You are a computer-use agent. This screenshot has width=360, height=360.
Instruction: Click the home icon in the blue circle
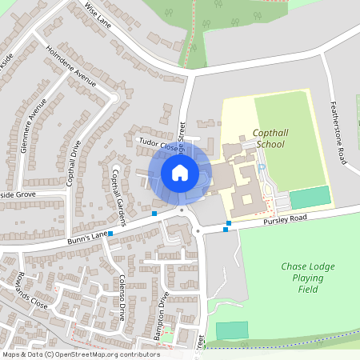[x=180, y=173]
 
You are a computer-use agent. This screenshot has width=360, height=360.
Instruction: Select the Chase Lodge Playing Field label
[x=302, y=278]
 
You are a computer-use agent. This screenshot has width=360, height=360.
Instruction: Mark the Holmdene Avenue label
[x=71, y=66]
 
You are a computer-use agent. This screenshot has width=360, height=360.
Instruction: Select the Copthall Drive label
[x=73, y=163]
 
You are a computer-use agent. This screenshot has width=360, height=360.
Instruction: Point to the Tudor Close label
[x=157, y=143]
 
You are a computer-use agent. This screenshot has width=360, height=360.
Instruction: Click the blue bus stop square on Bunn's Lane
[x=154, y=214]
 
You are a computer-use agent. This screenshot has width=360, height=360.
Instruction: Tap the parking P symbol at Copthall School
[x=261, y=167]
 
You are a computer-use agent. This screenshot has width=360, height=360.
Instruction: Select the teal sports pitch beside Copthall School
[x=310, y=198]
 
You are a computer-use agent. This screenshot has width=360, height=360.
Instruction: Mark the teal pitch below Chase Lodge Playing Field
[x=232, y=330]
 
